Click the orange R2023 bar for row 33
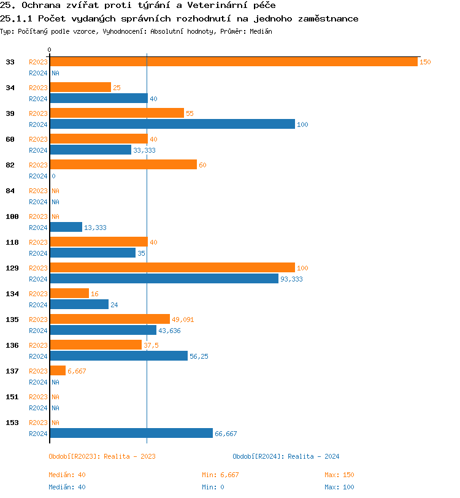(233, 62)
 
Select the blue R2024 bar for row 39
(172, 124)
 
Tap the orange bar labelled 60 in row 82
(123, 165)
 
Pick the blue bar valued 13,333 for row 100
(66, 228)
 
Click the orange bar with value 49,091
(109, 320)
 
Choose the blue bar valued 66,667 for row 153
(131, 434)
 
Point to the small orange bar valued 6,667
(58, 371)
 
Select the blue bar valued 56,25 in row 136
(118, 356)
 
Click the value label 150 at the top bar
(425, 62)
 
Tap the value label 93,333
(291, 279)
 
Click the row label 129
(12, 268)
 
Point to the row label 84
(10, 191)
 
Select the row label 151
(12, 397)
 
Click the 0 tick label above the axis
(50, 50)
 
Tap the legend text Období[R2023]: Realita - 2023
(102, 456)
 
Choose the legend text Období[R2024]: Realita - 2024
(286, 456)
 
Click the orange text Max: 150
(339, 475)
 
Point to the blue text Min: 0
(214, 487)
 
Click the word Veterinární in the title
(213, 6)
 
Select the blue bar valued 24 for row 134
(79, 305)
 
